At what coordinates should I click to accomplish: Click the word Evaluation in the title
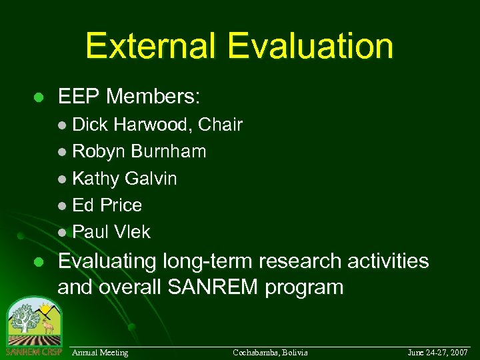point(310,46)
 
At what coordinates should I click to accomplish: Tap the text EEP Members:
point(129,97)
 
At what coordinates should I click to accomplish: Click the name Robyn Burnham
point(139,151)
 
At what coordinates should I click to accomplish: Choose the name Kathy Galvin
point(124,179)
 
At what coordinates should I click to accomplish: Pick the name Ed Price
point(107,205)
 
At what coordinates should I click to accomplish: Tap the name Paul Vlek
point(111,232)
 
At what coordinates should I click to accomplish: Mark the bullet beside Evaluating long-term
point(39,261)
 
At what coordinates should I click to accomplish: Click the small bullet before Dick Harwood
point(63,125)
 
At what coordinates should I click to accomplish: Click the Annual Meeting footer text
point(100,352)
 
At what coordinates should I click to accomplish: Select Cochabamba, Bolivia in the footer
point(270,352)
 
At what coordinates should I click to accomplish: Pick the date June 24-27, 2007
point(438,352)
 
